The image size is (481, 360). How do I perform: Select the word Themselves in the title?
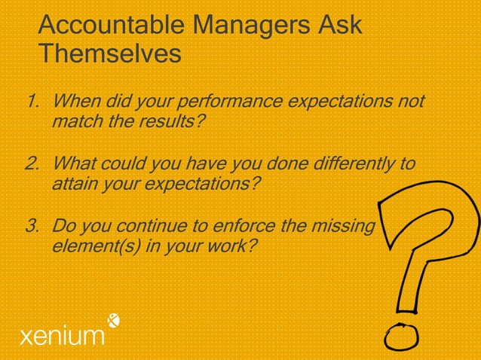(109, 54)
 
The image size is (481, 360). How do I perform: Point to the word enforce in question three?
(242, 226)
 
